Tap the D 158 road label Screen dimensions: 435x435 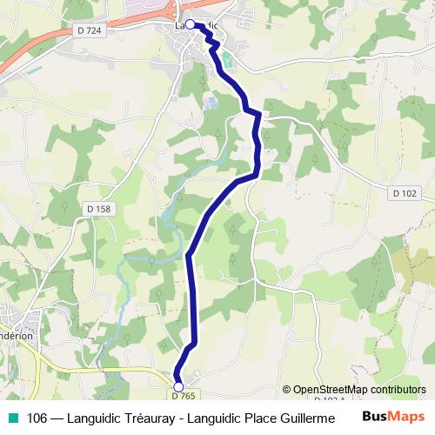[x=100, y=209]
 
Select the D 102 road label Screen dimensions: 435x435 [x=405, y=192]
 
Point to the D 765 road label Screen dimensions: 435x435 [x=183, y=397]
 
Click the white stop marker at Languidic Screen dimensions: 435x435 [x=190, y=25]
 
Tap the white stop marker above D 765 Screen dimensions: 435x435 [x=178, y=386]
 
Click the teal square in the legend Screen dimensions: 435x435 [x=12, y=418]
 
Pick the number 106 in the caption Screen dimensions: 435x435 [x=37, y=418]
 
